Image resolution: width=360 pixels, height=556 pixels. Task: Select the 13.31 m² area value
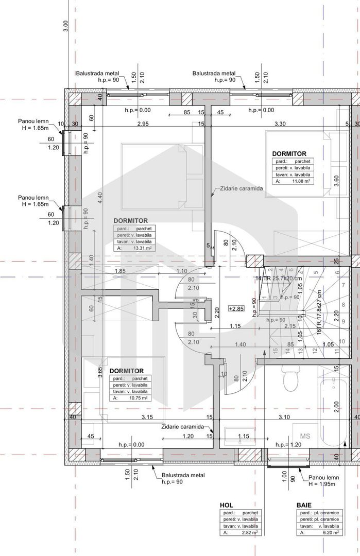tap(140, 248)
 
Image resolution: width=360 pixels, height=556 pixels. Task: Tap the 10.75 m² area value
tap(137, 398)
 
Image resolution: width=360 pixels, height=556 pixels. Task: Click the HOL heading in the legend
tap(227, 506)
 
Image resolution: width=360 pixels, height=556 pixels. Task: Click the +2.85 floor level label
tap(236, 309)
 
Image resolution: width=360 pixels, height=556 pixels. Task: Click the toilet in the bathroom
tap(291, 380)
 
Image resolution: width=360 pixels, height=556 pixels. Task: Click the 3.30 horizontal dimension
tap(280, 124)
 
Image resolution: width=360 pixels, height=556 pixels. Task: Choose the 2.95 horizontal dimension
tap(143, 124)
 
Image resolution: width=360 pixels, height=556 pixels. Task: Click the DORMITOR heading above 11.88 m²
tap(289, 153)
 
